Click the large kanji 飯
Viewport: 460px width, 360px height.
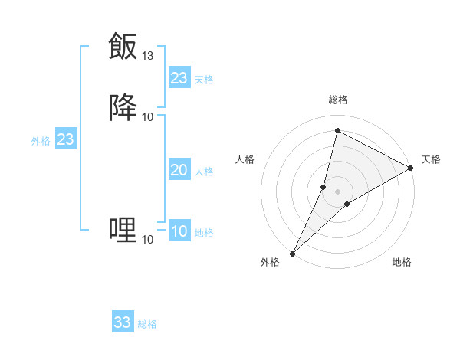[x=123, y=46]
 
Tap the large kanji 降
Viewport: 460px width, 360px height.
[x=123, y=106]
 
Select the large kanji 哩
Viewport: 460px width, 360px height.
[x=123, y=229]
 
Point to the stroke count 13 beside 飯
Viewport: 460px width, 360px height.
[x=148, y=56]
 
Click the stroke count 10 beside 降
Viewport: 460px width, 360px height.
[x=148, y=116]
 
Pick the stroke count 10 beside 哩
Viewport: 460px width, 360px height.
[x=148, y=239]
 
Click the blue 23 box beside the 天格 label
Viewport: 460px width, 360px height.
[x=179, y=78]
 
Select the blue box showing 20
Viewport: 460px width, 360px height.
[x=179, y=170]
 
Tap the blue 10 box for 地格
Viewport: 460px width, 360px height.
[x=179, y=231]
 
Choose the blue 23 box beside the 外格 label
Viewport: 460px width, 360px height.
[x=65, y=139]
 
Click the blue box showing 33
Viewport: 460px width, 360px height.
[x=123, y=322]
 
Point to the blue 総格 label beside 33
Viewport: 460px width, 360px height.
[x=147, y=324]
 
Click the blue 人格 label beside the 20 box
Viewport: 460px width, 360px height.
[x=205, y=172]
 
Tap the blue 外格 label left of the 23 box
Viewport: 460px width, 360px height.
[x=41, y=141]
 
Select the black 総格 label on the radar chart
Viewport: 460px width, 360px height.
[x=338, y=100]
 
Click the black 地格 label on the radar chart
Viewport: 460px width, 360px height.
[x=402, y=263]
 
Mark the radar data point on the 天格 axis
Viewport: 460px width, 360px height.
[x=411, y=169]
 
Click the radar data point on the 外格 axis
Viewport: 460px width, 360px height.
[x=292, y=253]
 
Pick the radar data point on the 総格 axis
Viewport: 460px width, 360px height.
[x=337, y=130]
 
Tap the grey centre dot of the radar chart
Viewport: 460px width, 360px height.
[x=337, y=191]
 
